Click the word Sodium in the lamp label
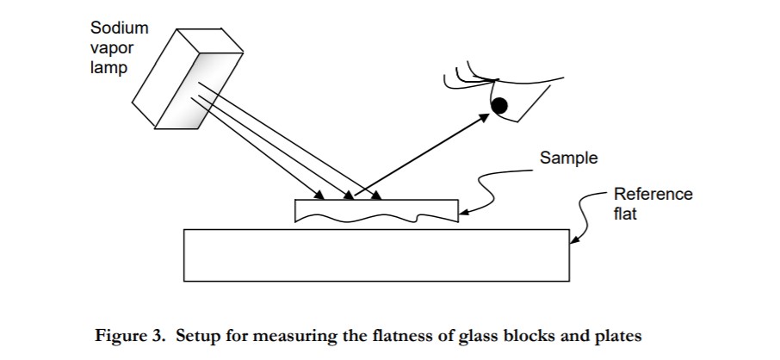(x=120, y=28)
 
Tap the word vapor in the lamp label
(x=112, y=47)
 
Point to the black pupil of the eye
(x=498, y=106)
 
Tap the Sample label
(x=568, y=158)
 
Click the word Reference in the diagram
(x=653, y=195)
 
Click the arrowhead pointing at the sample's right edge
(x=463, y=212)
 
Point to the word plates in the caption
(x=619, y=337)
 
